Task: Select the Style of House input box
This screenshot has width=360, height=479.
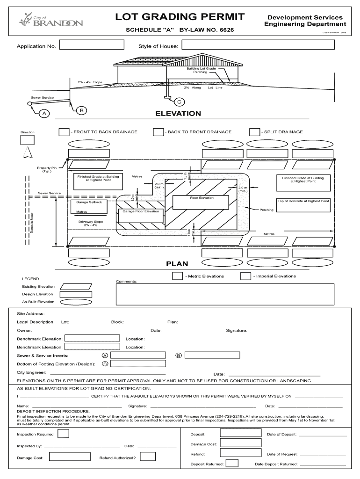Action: pyautogui.click(x=258, y=45)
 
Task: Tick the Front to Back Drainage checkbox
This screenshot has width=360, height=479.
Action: pyautogui.click(x=64, y=132)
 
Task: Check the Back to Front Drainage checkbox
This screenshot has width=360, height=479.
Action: pyautogui.click(x=158, y=132)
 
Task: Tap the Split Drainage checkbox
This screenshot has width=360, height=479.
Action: pyautogui.click(x=254, y=132)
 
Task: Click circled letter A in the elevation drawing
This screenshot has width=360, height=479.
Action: pyautogui.click(x=45, y=114)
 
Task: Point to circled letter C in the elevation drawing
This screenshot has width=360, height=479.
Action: pyautogui.click(x=179, y=102)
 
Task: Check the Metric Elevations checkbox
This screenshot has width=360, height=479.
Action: pyautogui.click(x=177, y=276)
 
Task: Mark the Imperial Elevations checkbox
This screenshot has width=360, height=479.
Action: pyautogui.click(x=245, y=276)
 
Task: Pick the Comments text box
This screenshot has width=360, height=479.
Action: pyautogui.click(x=225, y=294)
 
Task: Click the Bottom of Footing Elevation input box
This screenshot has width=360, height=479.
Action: pyautogui.click(x=138, y=363)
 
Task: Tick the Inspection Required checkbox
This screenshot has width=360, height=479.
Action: pyautogui.click(x=63, y=434)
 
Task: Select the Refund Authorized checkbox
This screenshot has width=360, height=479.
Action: pyautogui.click(x=148, y=457)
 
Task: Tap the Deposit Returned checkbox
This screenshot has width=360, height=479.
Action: pyautogui.click(x=232, y=464)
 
